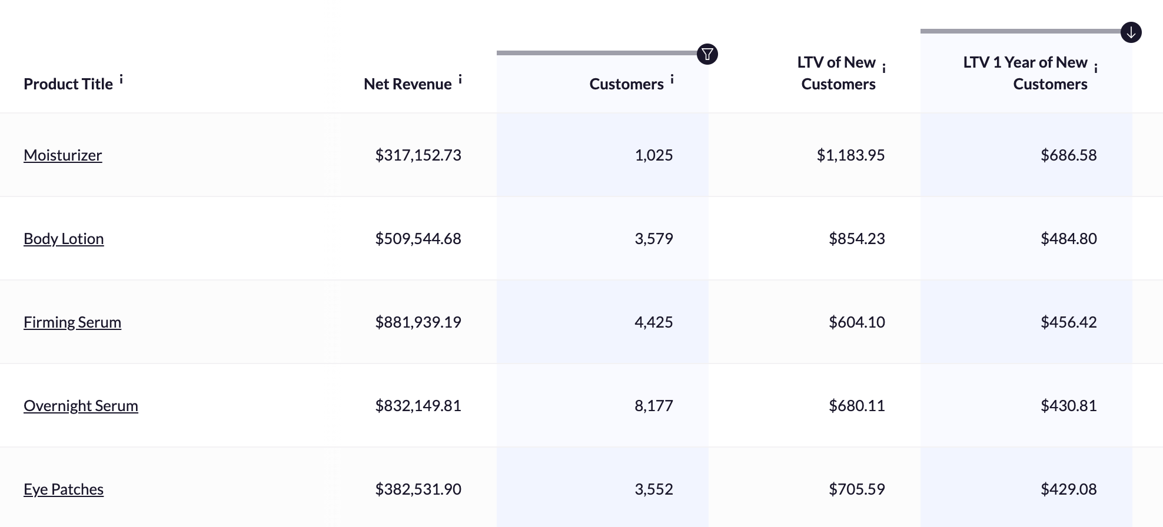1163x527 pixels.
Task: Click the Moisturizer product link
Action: (x=62, y=155)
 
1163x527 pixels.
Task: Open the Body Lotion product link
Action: (x=64, y=239)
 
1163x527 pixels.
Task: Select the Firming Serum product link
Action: (x=72, y=322)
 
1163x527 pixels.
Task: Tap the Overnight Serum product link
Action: (x=81, y=406)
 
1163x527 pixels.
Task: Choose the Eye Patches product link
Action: (x=64, y=489)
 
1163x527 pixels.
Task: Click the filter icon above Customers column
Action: (x=707, y=54)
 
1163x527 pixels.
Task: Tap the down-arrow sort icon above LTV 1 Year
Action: (x=1131, y=32)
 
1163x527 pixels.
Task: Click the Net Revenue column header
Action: (x=407, y=84)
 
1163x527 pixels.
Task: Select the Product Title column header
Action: (x=68, y=84)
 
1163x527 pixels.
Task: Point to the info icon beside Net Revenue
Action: (x=460, y=79)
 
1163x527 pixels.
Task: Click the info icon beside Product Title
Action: (x=121, y=79)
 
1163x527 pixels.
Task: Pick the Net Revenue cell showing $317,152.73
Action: (x=418, y=155)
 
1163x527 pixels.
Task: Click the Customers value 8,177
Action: (x=653, y=406)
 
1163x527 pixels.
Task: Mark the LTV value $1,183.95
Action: (x=850, y=155)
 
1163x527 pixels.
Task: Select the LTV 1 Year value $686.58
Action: (x=1068, y=155)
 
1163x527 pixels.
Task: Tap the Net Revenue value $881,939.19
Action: (x=418, y=322)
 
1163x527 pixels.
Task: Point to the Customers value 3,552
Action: (x=653, y=489)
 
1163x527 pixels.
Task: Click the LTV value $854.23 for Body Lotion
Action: (x=856, y=239)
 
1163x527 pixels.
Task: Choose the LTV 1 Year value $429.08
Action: (x=1068, y=489)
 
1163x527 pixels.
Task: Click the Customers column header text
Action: (x=626, y=84)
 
